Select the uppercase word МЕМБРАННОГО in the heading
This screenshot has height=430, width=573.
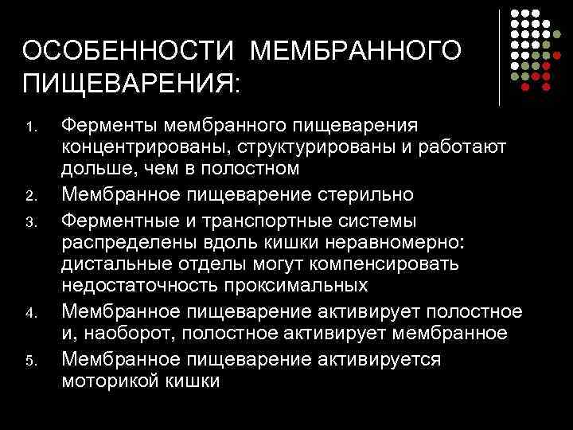click(x=355, y=52)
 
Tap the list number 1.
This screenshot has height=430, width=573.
click(x=29, y=127)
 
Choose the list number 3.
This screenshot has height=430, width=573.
click(x=29, y=221)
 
